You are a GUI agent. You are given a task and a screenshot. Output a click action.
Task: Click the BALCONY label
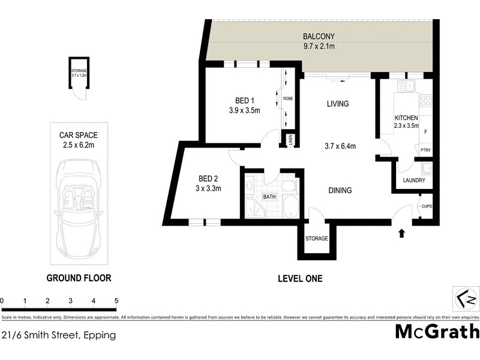click(x=319, y=35)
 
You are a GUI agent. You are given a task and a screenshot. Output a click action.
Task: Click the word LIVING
click(x=337, y=104)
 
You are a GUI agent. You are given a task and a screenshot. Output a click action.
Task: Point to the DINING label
click(x=340, y=191)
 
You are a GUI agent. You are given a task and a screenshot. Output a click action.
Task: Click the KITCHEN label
click(x=406, y=118)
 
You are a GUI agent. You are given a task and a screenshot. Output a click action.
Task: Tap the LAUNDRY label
click(x=413, y=181)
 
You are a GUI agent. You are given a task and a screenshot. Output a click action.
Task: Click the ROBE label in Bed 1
click(x=288, y=98)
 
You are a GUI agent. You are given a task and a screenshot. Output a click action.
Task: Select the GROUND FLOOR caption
click(x=79, y=278)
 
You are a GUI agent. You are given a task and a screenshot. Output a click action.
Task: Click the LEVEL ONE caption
click(x=300, y=278)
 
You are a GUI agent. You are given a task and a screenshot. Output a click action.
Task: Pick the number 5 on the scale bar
click(x=116, y=301)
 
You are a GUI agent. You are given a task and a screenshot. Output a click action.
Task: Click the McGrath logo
click(x=437, y=331)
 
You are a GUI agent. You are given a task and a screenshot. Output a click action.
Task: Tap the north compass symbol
click(x=465, y=298)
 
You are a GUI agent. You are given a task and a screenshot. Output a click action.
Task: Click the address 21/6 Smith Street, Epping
click(x=58, y=335)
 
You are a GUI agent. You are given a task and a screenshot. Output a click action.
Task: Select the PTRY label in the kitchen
click(x=425, y=151)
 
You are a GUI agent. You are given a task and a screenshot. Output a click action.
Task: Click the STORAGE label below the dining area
click(x=316, y=239)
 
